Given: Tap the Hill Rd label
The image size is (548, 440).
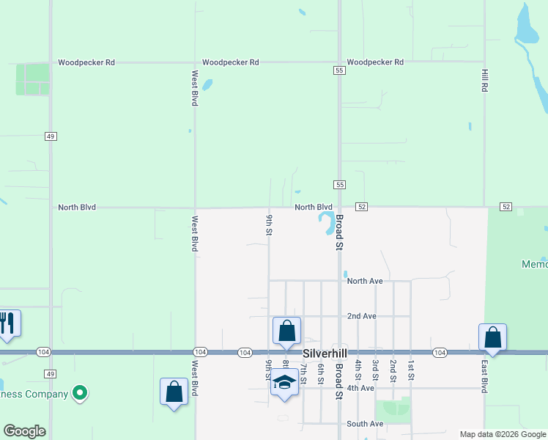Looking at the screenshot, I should [484, 80].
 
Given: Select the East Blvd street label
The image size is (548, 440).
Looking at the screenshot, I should [484, 376].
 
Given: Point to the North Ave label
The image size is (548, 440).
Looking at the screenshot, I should [365, 281].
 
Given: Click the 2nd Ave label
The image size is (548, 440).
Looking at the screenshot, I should [362, 316].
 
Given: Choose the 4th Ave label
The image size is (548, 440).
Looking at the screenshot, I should [360, 388].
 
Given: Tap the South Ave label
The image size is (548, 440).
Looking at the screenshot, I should [365, 424].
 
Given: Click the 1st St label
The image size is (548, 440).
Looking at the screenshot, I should [411, 370].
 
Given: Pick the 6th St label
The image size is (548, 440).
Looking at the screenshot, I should [321, 374].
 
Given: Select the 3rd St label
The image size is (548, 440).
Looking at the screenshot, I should [375, 370].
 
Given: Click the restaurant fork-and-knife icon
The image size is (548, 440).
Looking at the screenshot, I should [7, 323].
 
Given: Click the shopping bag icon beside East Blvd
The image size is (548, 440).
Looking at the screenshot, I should [493, 338].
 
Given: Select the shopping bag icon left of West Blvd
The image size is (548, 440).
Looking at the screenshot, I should [174, 392].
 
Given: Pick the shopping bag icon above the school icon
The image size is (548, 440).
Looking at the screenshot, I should [286, 331].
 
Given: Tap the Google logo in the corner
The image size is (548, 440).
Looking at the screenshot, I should [24, 431].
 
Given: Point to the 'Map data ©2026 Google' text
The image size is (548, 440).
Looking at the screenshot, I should [502, 434].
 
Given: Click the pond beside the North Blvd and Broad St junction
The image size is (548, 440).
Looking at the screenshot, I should [326, 222].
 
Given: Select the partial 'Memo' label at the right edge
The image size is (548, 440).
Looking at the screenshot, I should [534, 264].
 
